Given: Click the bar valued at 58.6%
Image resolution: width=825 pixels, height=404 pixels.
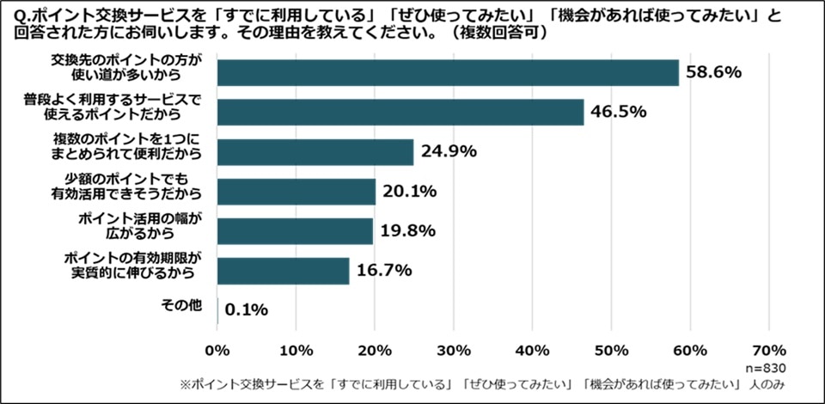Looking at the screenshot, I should pos(448,73).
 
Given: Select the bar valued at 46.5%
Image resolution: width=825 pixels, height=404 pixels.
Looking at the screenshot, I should pos(400,113).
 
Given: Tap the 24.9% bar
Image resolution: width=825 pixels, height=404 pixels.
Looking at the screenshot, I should pos(315,152).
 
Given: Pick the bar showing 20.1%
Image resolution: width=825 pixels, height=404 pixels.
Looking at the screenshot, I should pos(296,192).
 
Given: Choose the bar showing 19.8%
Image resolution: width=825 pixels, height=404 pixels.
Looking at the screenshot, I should pos(295,231).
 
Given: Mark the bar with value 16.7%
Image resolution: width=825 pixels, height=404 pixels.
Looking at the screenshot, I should pos(284,271).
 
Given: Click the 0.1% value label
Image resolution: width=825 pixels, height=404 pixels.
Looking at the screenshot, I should pos(247,309).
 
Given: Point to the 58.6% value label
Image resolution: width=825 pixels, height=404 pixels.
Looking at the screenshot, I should pos(713,73).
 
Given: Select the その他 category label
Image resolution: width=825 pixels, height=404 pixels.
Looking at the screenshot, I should pos(183,304).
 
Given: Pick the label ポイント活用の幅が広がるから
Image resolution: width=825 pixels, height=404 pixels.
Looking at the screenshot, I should pos(138,227).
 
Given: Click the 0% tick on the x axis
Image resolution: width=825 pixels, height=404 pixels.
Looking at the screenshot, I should pos(217,350).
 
